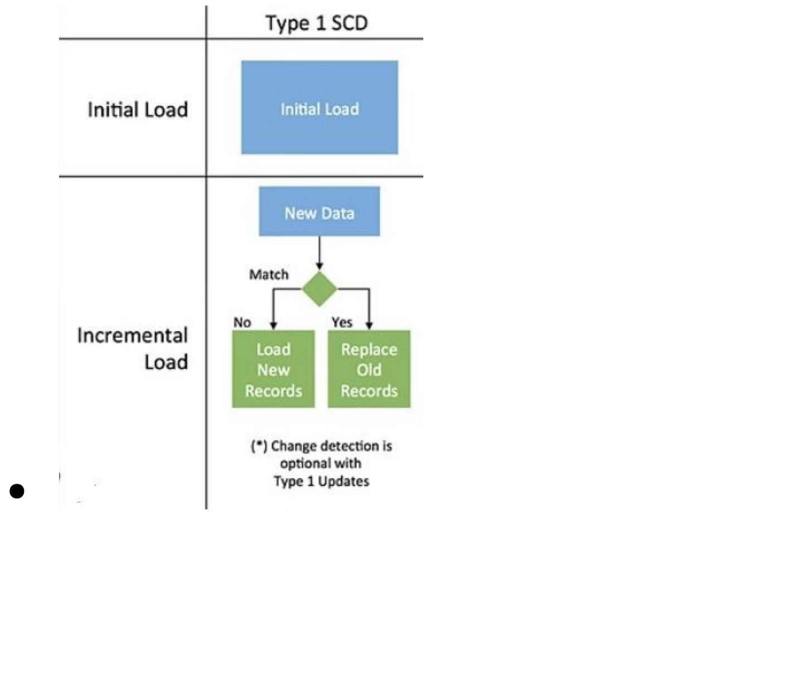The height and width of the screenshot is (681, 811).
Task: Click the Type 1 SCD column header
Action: coord(316,23)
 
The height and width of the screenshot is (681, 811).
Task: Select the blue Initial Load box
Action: coord(320,108)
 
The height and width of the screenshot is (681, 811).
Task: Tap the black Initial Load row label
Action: coord(138,110)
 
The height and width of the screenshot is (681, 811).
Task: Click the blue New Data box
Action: coord(319,211)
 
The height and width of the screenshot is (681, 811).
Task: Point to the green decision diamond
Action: coord(319,289)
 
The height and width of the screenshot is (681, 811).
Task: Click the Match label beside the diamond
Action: coord(269,274)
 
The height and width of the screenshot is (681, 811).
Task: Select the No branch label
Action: coord(242,322)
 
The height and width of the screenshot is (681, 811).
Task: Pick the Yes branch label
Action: coord(342,322)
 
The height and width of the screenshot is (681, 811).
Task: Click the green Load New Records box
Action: coord(273,369)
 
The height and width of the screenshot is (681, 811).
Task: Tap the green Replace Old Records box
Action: coord(369,369)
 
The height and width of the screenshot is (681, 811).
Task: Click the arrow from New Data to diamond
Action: coord(319,253)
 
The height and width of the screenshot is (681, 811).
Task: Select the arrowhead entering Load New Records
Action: coord(273,325)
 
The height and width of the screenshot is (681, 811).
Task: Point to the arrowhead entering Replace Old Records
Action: coord(369,325)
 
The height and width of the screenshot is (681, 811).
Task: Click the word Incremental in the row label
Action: coord(133,335)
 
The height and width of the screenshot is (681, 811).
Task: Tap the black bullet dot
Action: coord(17,491)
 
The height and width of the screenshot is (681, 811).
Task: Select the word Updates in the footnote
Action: coord(344,481)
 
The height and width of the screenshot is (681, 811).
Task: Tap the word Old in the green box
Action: coord(369,369)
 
